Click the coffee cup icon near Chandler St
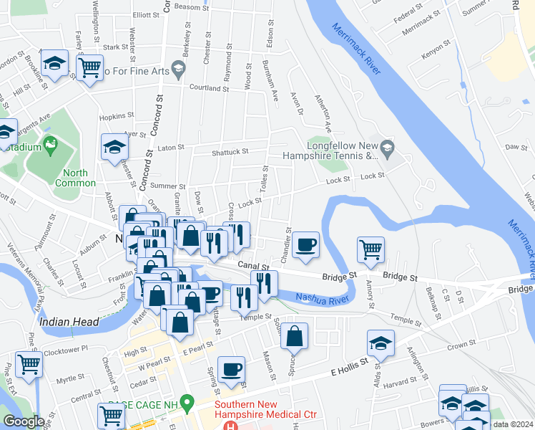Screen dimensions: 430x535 [305, 245]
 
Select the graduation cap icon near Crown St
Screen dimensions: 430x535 [381, 343]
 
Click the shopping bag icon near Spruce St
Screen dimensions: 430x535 [294, 335]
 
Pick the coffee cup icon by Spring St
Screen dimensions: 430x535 [231, 370]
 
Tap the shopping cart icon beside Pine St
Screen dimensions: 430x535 [29, 364]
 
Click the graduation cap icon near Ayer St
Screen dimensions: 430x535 [114, 147]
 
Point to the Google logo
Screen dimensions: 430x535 [24, 421]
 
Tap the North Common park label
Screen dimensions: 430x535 [75, 178]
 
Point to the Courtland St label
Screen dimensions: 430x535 [208, 88]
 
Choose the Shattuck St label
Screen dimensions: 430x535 [230, 152]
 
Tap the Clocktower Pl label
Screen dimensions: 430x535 [65, 348]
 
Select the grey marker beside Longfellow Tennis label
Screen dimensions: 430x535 [387, 149]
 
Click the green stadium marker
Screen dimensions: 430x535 [50, 145]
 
